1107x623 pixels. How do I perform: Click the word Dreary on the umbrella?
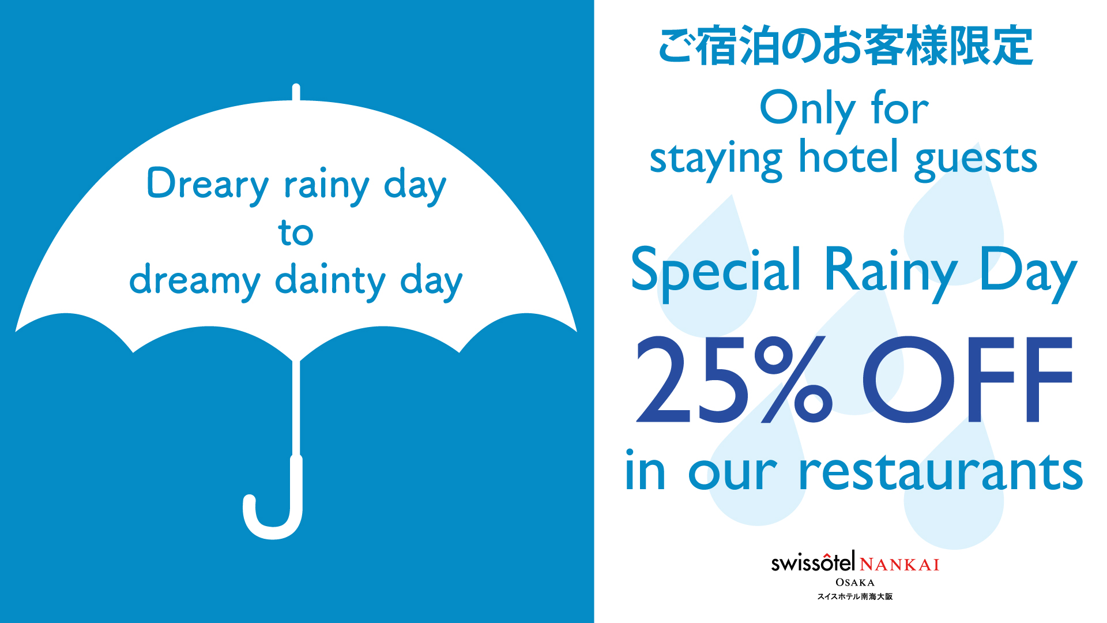208,185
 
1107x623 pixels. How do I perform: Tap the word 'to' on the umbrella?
296,232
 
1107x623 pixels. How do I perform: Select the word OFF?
967,380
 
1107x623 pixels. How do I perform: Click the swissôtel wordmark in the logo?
814,562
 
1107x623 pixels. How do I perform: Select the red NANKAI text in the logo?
899,564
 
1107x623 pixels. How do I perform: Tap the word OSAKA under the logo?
855,583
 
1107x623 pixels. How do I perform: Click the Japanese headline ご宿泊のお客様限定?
845,46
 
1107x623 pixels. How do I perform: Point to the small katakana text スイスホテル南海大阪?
854,596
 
